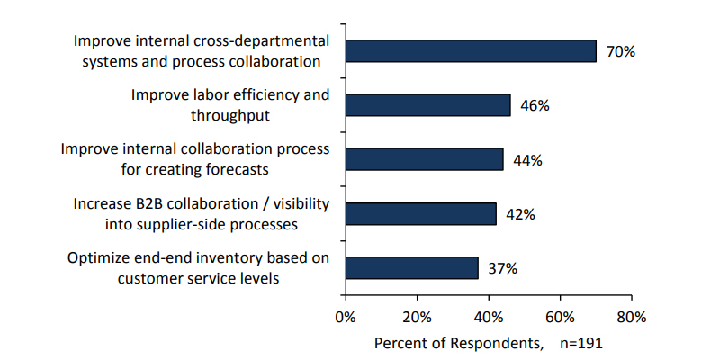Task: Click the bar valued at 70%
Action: [x=471, y=51]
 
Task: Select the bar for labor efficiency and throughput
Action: [x=427, y=105]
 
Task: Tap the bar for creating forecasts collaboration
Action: [x=424, y=159]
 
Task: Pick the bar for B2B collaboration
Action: [x=420, y=213]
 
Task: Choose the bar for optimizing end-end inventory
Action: [x=411, y=267]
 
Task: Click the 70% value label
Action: [x=621, y=52]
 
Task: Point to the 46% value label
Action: [x=535, y=106]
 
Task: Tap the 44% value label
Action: [x=527, y=160]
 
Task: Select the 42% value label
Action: [x=520, y=214]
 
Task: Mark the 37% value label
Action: [x=502, y=268]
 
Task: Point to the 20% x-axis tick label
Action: [x=417, y=317]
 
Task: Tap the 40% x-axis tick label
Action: [x=489, y=317]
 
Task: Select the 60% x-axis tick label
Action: [x=560, y=317]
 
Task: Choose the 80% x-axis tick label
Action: [x=632, y=317]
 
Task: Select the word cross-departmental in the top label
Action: [x=263, y=41]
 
